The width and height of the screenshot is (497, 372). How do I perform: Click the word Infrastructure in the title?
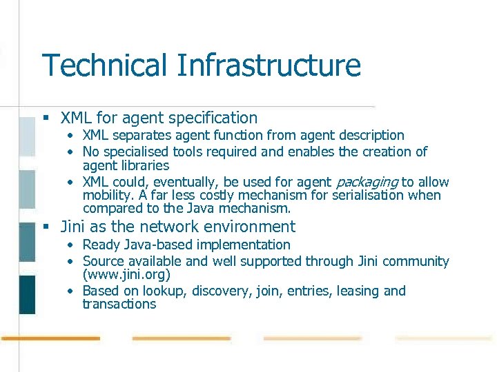(269, 66)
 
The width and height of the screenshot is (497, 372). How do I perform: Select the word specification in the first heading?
(212, 118)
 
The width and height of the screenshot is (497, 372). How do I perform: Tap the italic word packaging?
(367, 183)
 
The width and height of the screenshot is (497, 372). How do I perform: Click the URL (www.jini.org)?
(126, 274)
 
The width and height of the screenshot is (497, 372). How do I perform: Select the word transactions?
(119, 304)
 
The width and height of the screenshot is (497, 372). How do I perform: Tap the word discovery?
(220, 291)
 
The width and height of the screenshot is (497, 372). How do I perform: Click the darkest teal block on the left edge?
(27, 294)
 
